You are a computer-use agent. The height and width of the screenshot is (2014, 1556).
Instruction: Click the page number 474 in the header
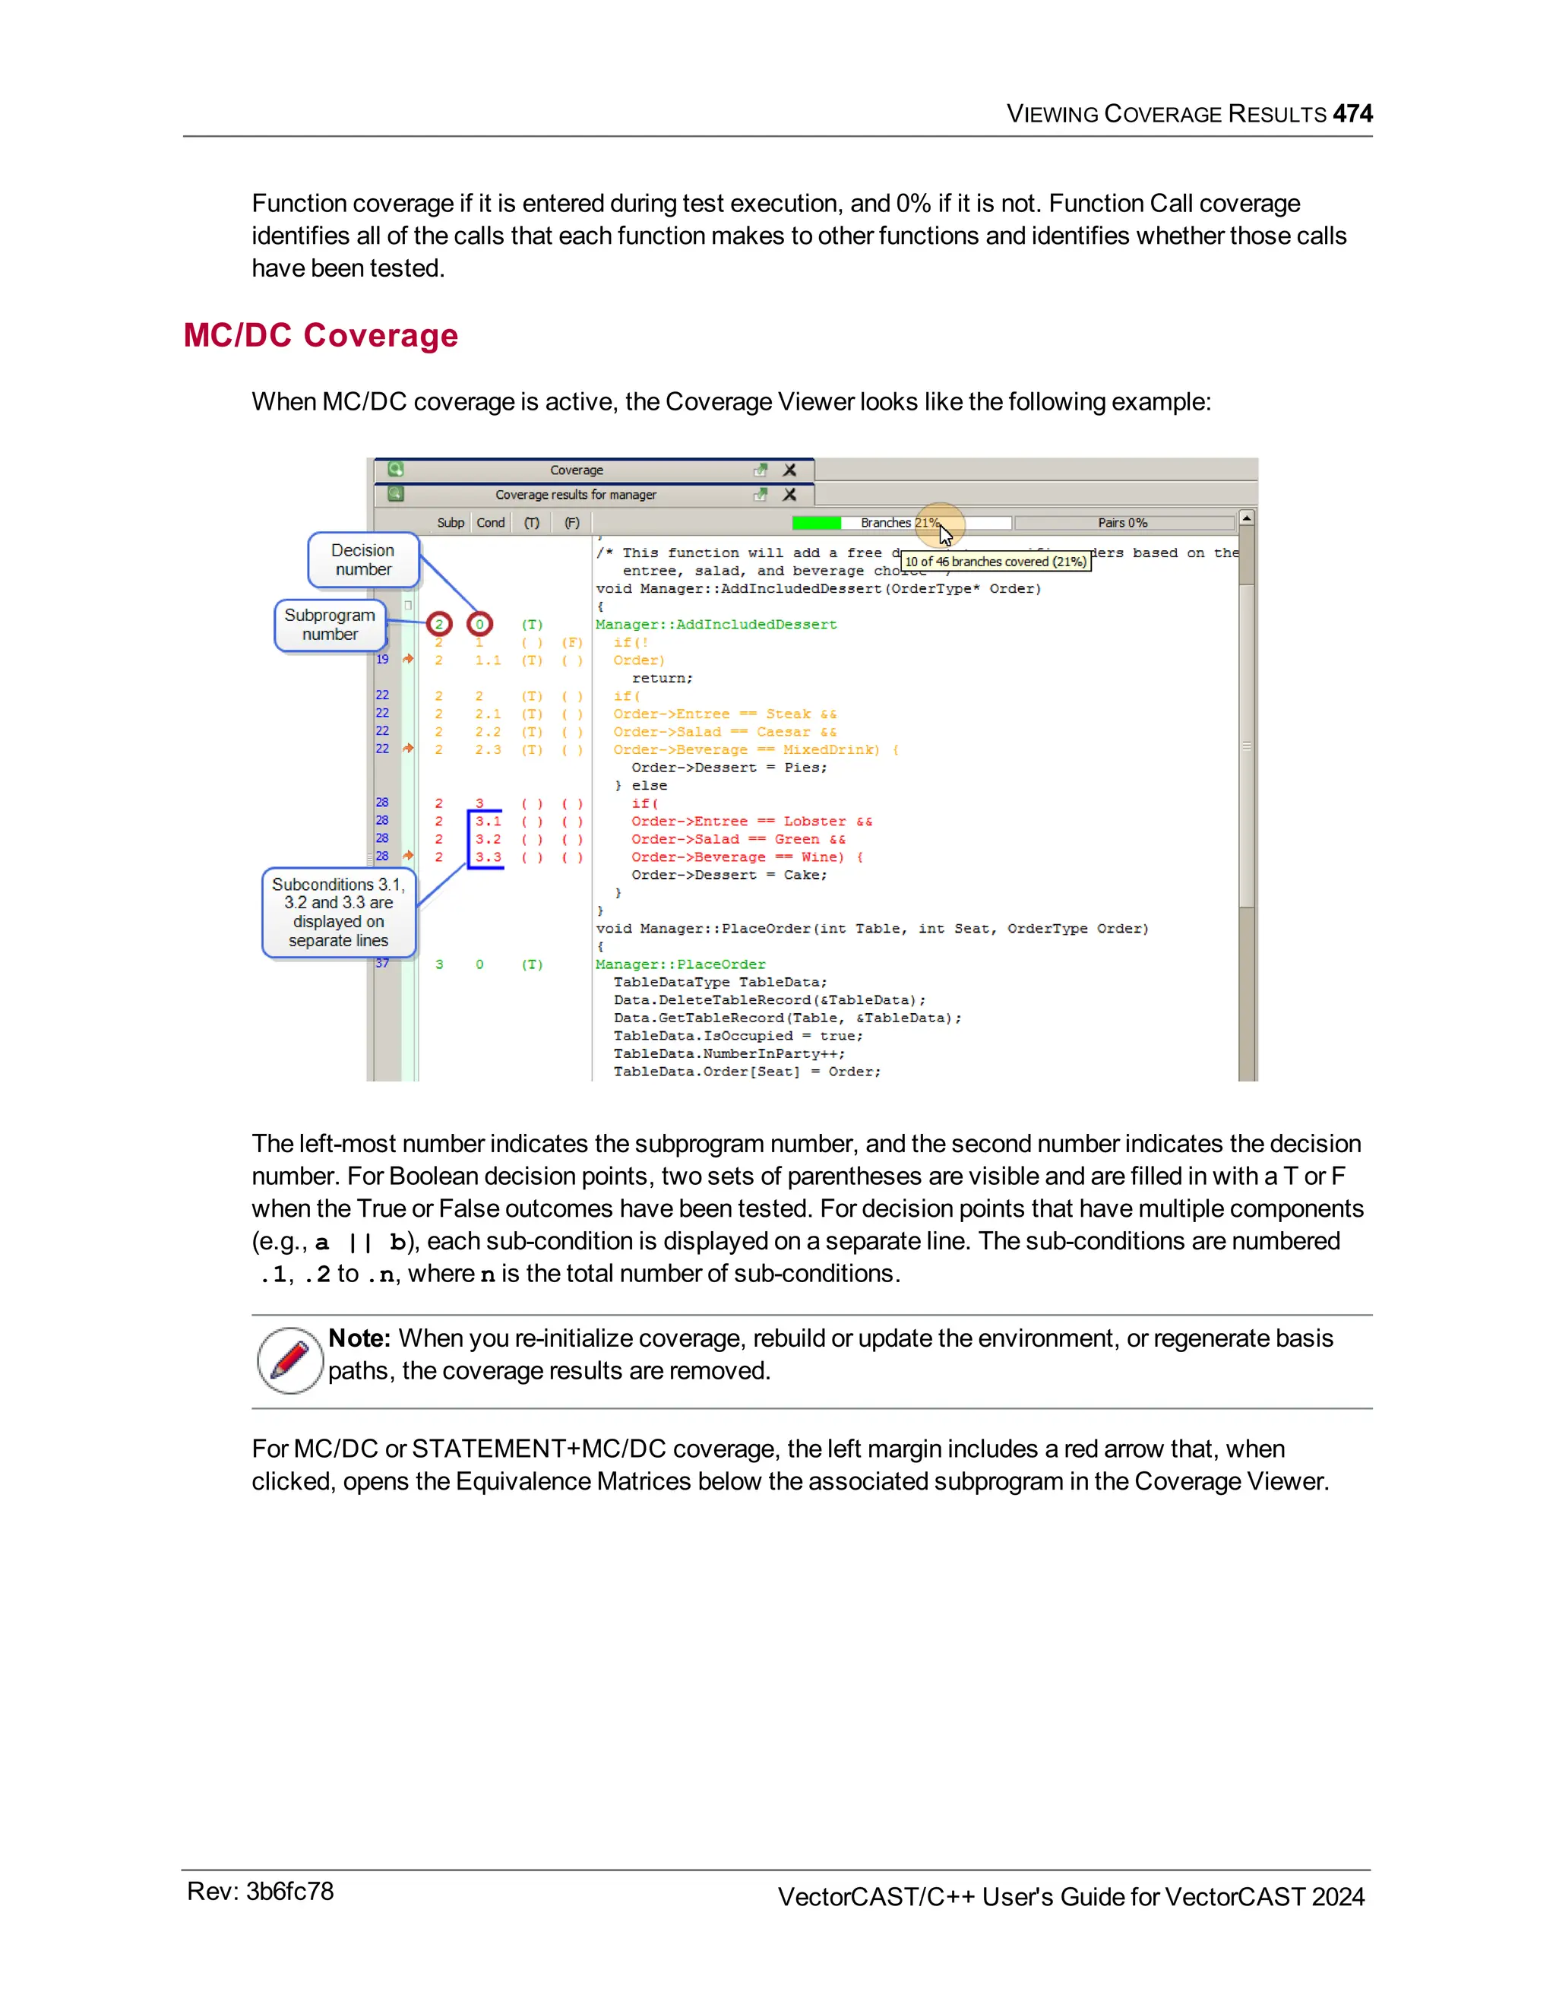pos(1352,113)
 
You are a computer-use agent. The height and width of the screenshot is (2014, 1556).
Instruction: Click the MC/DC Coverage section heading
pos(320,336)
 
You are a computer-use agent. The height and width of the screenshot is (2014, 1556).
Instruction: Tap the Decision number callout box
pos(363,560)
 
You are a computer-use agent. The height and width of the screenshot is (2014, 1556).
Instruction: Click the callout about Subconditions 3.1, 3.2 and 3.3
pos(338,912)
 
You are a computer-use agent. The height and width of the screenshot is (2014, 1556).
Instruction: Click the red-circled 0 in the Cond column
pos(479,624)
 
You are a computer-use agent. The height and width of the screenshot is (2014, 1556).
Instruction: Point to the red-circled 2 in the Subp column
pos(439,624)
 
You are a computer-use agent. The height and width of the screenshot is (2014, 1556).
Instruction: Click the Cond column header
pos(490,523)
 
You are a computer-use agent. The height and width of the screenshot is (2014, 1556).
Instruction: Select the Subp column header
pos(450,523)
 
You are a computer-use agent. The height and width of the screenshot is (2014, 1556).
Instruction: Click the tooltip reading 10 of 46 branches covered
pos(995,562)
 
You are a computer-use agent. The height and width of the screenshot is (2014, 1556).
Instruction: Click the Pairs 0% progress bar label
pos(1122,523)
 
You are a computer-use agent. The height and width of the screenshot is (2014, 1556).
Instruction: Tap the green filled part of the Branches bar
pos(816,523)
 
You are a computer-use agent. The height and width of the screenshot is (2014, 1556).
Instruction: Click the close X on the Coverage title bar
pos(790,470)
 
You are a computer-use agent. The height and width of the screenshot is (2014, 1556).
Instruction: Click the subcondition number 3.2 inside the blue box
pos(489,839)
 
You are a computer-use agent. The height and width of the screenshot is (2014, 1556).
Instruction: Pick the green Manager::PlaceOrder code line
pos(680,964)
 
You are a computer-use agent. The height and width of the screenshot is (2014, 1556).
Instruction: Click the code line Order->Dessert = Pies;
pos(729,768)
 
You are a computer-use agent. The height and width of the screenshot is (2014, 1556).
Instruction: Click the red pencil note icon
pos(289,1360)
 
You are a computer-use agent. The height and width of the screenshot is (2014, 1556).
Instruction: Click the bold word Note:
pos(359,1338)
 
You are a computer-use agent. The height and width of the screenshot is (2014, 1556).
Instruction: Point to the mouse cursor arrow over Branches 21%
pos(946,536)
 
